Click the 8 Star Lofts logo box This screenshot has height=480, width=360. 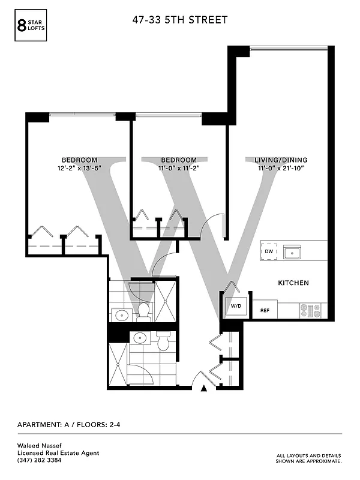pyautogui.click(x=29, y=25)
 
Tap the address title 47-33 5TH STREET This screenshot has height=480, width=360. pyautogui.click(x=180, y=20)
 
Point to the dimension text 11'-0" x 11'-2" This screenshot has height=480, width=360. pyautogui.click(x=178, y=168)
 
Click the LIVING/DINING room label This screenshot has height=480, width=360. pyautogui.click(x=281, y=160)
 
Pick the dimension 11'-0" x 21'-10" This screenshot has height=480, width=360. pyautogui.click(x=281, y=168)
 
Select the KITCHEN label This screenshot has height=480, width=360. pyautogui.click(x=293, y=282)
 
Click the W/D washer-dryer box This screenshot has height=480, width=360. pyautogui.click(x=236, y=307)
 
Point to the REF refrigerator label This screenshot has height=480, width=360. pyautogui.click(x=265, y=311)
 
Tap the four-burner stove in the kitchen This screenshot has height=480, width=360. pyautogui.click(x=311, y=310)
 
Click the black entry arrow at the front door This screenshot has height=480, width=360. pyautogui.click(x=204, y=389)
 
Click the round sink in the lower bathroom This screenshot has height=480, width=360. pyautogui.click(x=140, y=337)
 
